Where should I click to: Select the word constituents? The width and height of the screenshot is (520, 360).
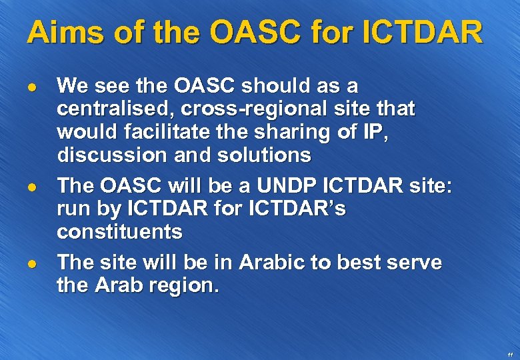pos(119,232)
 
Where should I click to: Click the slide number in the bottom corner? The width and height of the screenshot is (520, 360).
pos(510,353)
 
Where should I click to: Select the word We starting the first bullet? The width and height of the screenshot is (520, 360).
pos(71,85)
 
